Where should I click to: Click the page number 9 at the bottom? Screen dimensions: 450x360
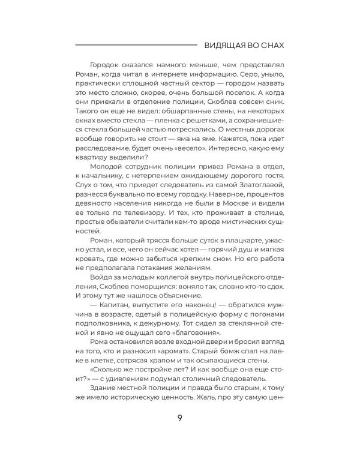tap(179, 418)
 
